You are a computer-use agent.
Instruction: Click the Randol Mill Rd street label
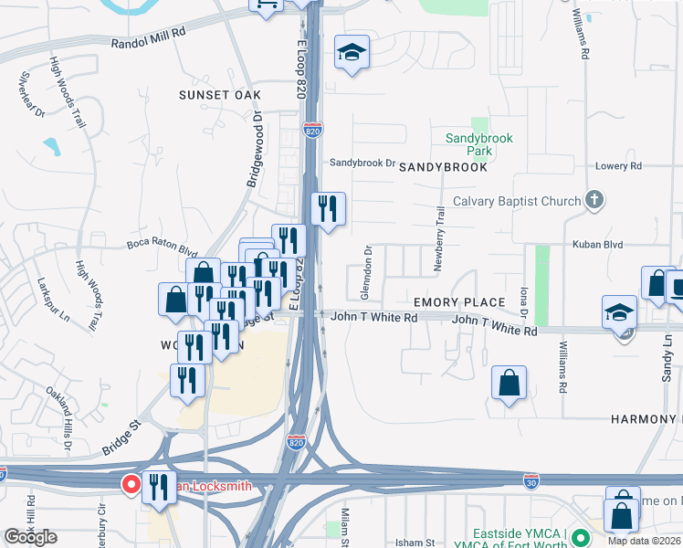[x=149, y=43]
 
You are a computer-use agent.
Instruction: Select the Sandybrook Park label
[x=479, y=144]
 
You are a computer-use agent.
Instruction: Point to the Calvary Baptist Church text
[x=517, y=202]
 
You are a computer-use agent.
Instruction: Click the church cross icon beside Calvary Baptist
[x=594, y=200]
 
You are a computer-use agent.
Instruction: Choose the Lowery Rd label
[x=618, y=166]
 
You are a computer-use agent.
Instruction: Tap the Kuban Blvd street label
[x=597, y=245]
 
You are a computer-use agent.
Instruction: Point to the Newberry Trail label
[x=439, y=228]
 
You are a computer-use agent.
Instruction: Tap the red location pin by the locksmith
[x=131, y=484]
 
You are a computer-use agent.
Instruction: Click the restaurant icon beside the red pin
[x=158, y=490]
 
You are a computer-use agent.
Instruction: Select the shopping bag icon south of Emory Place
[x=509, y=385]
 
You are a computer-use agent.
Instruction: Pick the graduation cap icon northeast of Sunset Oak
[x=351, y=53]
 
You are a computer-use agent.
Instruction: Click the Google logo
[x=30, y=537]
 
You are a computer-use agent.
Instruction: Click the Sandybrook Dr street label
[x=362, y=163]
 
